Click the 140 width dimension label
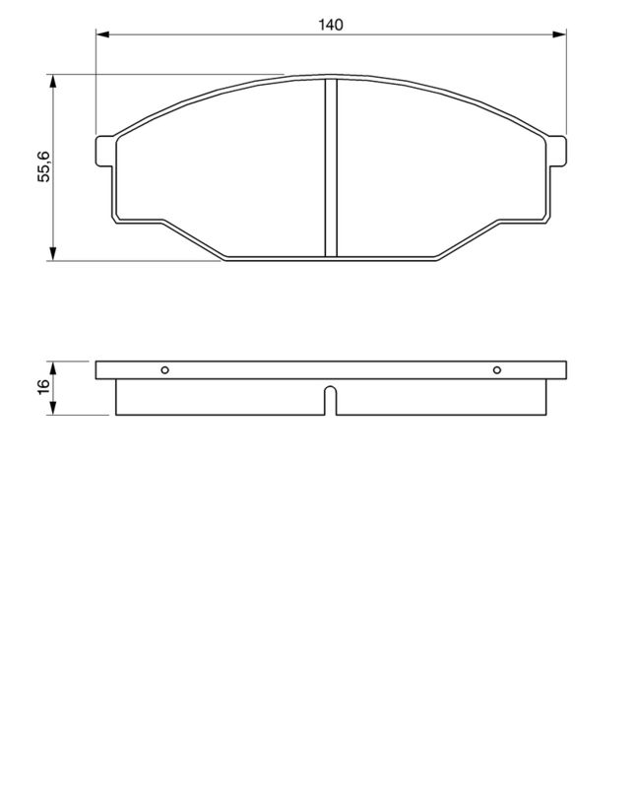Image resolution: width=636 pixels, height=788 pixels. pyautogui.click(x=331, y=25)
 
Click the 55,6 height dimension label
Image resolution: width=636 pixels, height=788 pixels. pyautogui.click(x=43, y=167)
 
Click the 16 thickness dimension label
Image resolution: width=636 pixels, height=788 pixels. pyautogui.click(x=43, y=387)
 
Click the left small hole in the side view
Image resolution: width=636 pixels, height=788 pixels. pyautogui.click(x=165, y=370)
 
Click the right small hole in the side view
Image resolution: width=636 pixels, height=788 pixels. pyautogui.click(x=497, y=370)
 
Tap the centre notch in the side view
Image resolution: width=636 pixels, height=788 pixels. pyautogui.click(x=331, y=400)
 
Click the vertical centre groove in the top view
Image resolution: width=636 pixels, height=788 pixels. pyautogui.click(x=331, y=167)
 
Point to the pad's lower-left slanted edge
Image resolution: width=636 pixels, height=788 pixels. pyautogui.click(x=192, y=238)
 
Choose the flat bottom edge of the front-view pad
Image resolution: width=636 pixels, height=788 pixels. pyautogui.click(x=331, y=259)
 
